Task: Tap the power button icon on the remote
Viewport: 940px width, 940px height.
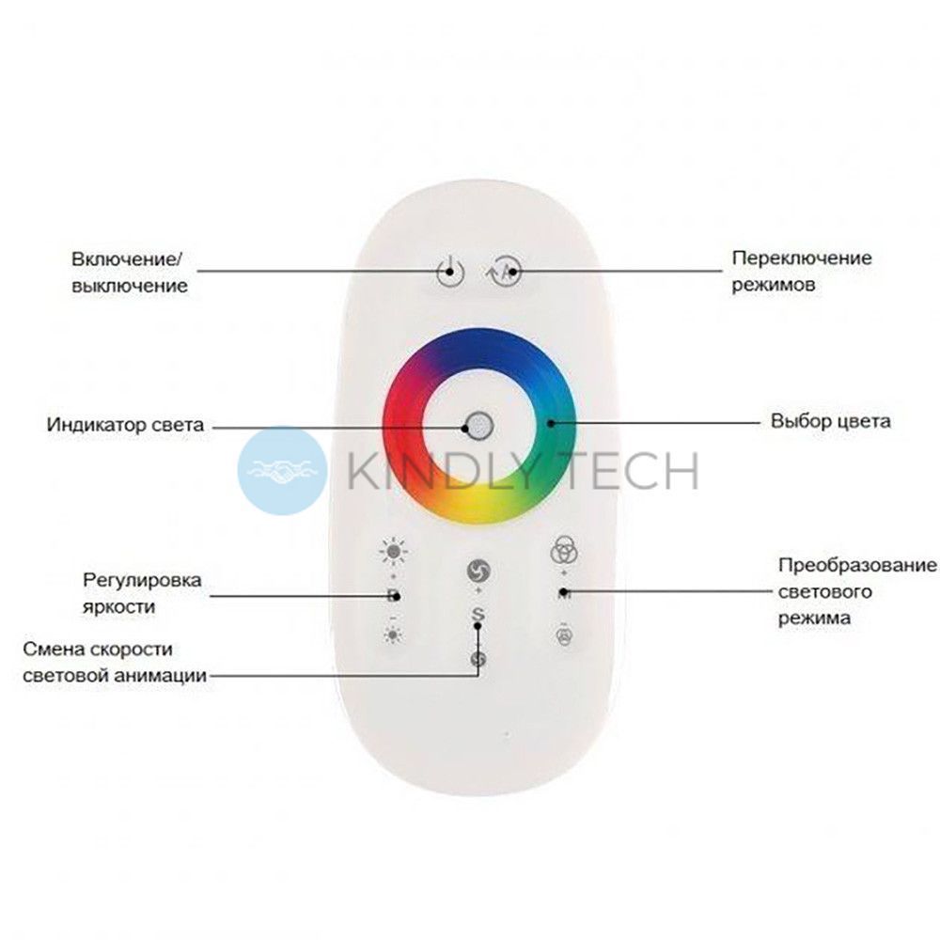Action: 450,272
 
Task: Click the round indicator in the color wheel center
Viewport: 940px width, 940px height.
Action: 479,426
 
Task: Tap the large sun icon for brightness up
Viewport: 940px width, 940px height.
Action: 393,552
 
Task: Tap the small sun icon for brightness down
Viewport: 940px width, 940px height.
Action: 393,634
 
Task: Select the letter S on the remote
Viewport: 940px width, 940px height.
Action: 478,615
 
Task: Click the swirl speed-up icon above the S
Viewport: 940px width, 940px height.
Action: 478,571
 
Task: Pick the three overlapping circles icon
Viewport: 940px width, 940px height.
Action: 563,549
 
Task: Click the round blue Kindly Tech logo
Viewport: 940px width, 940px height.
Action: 282,471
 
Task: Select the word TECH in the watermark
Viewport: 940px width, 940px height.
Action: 636,471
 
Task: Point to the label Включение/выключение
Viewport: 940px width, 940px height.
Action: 130,273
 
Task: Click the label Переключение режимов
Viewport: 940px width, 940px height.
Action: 802,271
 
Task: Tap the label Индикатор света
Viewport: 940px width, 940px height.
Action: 125,425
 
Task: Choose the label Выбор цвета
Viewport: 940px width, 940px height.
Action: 830,421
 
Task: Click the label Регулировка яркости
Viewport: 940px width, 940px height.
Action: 142,593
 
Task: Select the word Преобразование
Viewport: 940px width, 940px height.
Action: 857,565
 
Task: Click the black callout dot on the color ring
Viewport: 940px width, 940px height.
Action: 551,423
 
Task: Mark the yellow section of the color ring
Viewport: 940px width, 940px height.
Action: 479,504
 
